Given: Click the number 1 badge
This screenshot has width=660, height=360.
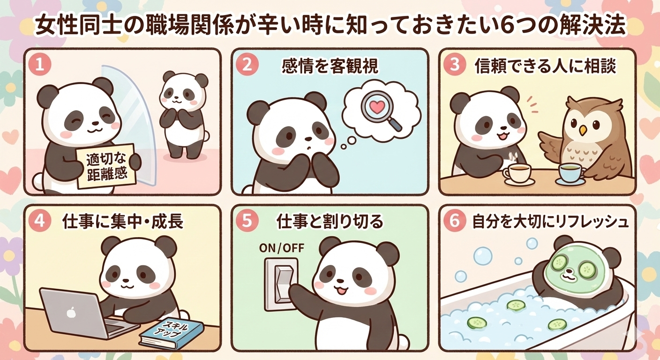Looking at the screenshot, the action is pyautogui.click(x=40, y=65).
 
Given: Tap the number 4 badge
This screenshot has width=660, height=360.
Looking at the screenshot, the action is pyautogui.click(x=40, y=221).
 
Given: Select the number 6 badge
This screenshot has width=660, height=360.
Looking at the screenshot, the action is pyautogui.click(x=454, y=221).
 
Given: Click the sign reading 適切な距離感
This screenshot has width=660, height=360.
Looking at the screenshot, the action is pyautogui.click(x=106, y=166).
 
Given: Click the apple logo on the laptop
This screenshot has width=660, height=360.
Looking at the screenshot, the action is pyautogui.click(x=70, y=312).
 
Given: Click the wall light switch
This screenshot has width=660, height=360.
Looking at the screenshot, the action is pyautogui.click(x=281, y=284).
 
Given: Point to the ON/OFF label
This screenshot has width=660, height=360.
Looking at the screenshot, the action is pyautogui.click(x=281, y=248).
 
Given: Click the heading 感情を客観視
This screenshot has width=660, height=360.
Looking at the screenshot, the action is pyautogui.click(x=330, y=66).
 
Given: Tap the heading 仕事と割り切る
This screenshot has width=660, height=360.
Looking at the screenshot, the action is pyautogui.click(x=330, y=222).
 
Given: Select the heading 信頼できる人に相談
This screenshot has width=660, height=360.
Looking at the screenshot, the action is pyautogui.click(x=546, y=66).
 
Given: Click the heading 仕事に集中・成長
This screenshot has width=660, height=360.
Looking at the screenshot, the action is pyautogui.click(x=123, y=222).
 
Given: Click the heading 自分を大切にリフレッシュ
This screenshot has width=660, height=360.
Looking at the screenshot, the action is pyautogui.click(x=550, y=222).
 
